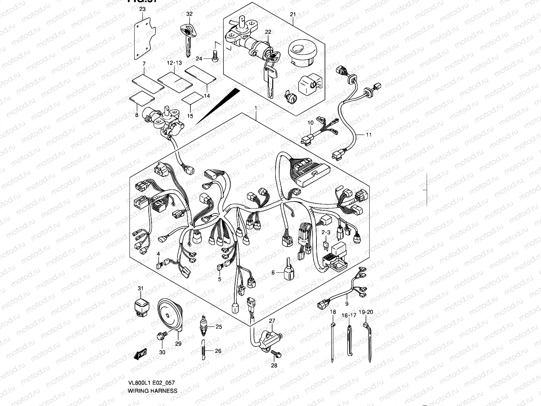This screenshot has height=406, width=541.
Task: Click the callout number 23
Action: click(142, 9)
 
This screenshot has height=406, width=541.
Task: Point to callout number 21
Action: click(293, 14)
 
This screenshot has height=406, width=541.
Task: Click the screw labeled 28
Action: click(275, 354)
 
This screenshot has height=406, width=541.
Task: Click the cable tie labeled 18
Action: click(333, 342)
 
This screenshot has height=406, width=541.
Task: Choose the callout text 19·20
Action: click(366, 312)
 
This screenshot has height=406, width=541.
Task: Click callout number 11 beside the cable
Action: click(369, 135)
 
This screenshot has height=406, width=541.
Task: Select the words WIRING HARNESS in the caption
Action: click(152, 391)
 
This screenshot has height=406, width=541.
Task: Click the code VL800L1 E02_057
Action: click(151, 383)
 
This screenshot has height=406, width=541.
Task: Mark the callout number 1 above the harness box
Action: click(256, 108)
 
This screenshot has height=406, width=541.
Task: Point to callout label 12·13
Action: click(174, 63)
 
